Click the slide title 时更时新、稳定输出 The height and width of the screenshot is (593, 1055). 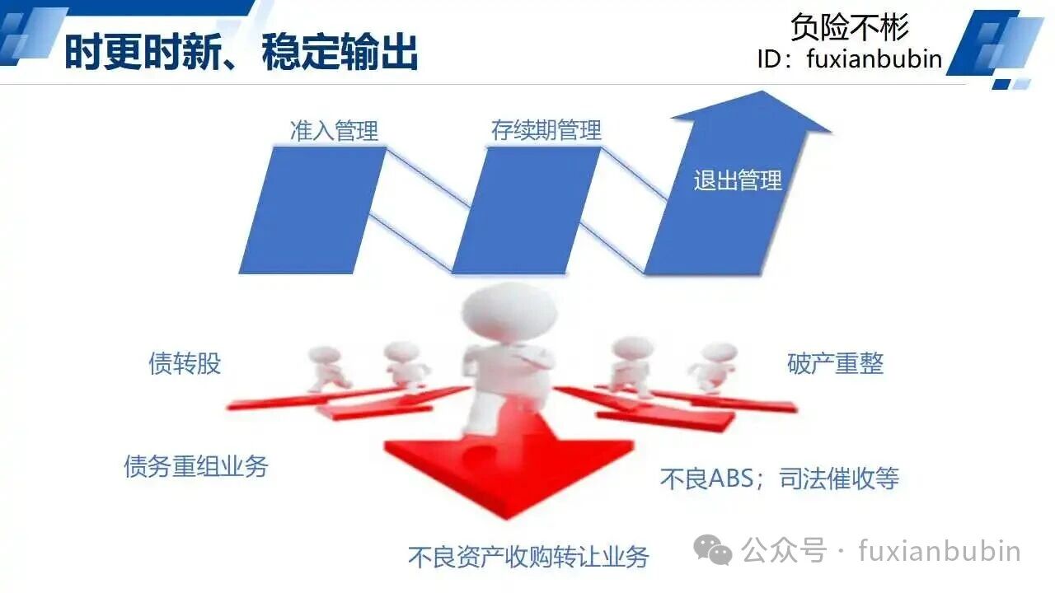tap(241, 52)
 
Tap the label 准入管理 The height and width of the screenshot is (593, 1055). tap(334, 130)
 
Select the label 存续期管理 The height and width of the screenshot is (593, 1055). tap(546, 130)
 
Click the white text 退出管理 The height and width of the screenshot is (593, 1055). tap(738, 180)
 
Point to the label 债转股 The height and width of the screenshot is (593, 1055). tap(185, 363)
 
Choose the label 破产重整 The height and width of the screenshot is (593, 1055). tap(835, 363)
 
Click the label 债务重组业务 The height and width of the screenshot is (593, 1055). tap(196, 466)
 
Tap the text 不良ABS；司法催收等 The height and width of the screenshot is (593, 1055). tap(780, 479)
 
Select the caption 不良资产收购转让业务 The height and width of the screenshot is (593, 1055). tap(528, 557)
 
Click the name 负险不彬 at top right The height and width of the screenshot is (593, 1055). tap(849, 27)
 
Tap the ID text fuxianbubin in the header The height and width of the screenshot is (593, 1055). tap(874, 59)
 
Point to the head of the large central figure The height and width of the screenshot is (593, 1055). tap(509, 313)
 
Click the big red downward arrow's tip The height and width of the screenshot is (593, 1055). tap(507, 519)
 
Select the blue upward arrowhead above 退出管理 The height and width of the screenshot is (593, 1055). tap(752, 112)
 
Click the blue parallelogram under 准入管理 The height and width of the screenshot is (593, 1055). tap(312, 210)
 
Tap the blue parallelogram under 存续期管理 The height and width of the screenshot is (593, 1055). tap(526, 210)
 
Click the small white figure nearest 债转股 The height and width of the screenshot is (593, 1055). tap(327, 368)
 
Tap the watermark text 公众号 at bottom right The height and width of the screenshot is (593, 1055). tap(784, 551)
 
